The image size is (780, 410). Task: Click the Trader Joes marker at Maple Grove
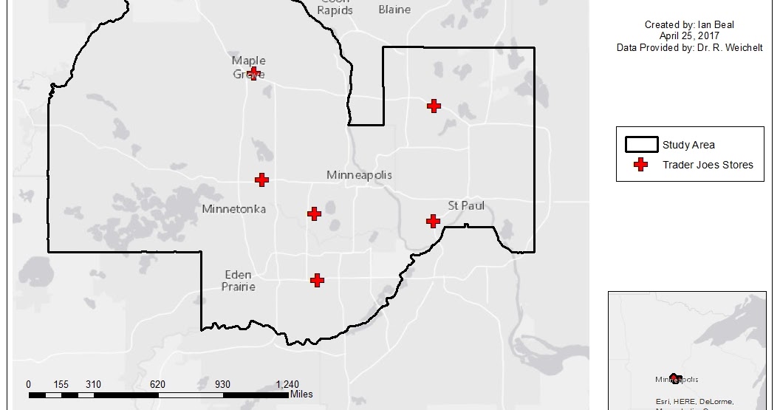(253, 73)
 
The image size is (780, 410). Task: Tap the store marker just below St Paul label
(434, 221)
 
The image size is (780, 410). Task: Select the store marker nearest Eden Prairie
(317, 280)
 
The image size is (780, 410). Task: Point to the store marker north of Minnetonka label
(261, 180)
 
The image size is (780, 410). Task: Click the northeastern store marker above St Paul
(434, 106)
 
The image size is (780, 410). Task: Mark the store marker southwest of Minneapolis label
(314, 213)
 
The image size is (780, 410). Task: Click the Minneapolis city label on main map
(359, 175)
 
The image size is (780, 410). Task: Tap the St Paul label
(466, 205)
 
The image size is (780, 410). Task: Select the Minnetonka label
(233, 210)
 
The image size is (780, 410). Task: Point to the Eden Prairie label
(239, 280)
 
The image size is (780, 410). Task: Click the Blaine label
(394, 10)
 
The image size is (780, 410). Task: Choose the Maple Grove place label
(249, 66)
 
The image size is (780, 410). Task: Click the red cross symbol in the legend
(641, 165)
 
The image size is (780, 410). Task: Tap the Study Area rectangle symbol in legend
(641, 144)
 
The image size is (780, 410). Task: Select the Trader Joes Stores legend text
(708, 165)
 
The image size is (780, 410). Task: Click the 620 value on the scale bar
(157, 384)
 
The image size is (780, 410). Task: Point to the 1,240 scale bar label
(287, 384)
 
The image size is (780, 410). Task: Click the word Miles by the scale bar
(301, 394)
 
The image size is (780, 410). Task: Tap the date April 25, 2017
(689, 35)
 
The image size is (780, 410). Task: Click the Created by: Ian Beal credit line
(689, 24)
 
